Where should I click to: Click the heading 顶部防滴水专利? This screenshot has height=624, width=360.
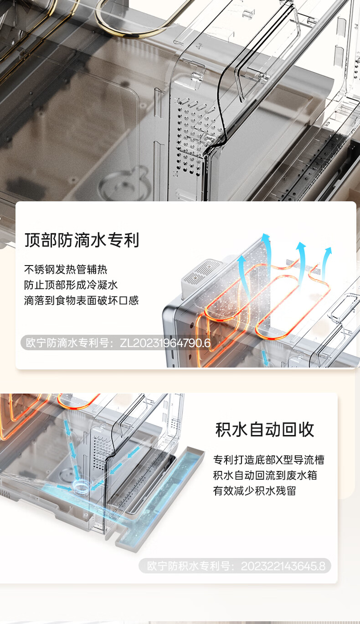point(82,240)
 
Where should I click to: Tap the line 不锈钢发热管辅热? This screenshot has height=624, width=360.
point(66,269)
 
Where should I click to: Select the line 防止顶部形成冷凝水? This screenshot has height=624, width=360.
point(71,285)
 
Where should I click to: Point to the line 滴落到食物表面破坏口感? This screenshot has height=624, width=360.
point(82,300)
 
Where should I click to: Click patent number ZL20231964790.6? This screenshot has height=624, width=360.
point(165,343)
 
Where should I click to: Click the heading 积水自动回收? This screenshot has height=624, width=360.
point(265,430)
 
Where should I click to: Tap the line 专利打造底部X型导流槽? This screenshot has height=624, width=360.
point(269,460)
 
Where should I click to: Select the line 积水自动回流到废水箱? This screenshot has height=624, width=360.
point(265,475)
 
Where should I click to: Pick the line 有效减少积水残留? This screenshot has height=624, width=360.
point(255,491)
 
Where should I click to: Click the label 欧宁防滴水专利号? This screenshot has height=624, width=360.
point(67,343)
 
